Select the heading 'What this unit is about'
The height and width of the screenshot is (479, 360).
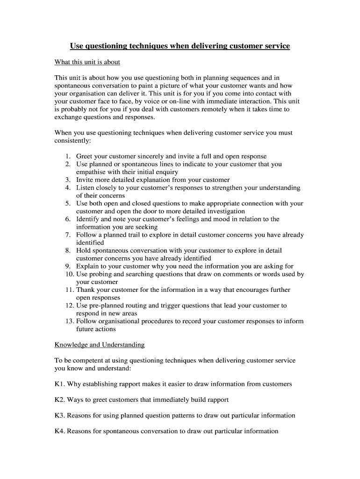87,62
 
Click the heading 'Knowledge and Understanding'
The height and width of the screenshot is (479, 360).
100,345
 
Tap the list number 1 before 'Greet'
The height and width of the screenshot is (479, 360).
68,156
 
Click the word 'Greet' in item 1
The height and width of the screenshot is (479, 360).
85,156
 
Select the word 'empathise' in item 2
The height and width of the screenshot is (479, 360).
91,172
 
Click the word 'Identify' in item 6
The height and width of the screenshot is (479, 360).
88,219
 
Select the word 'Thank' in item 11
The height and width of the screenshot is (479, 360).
86,290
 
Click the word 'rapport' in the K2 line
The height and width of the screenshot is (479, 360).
216,400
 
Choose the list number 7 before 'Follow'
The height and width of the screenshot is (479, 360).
68,235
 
